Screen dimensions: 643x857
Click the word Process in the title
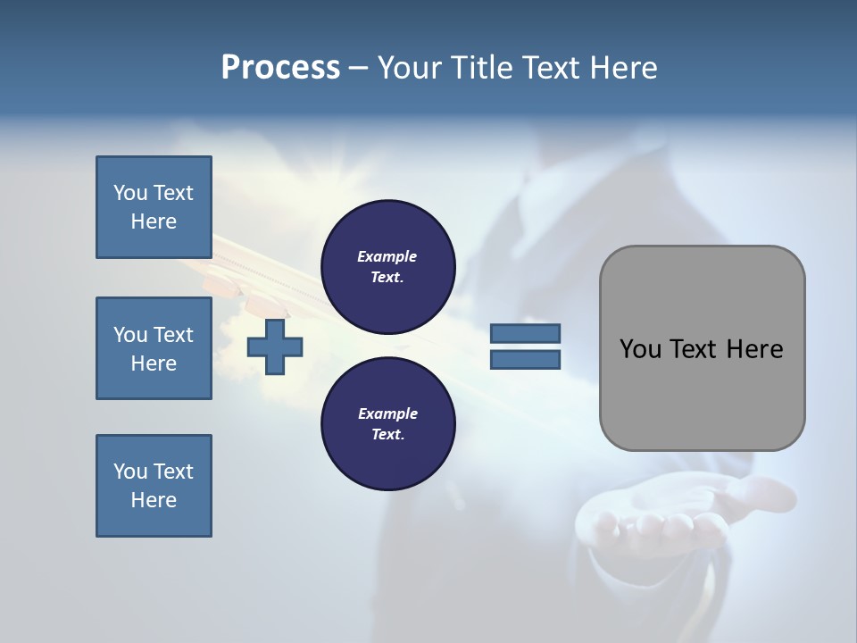tap(280, 68)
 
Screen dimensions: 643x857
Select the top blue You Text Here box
tap(154, 207)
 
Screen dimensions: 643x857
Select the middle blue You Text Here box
tap(154, 348)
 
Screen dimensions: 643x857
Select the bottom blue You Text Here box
tap(154, 486)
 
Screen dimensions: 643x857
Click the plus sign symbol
tap(275, 347)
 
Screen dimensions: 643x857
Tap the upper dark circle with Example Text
tap(388, 267)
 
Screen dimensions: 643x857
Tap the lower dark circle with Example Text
tap(388, 424)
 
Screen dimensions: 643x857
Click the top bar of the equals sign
tap(525, 333)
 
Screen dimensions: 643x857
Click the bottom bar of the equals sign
tap(525, 360)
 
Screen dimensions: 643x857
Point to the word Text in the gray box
tap(698, 349)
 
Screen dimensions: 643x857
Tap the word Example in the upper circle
tap(387, 256)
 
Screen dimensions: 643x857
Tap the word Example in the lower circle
tap(387, 413)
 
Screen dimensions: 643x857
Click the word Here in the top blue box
tap(154, 221)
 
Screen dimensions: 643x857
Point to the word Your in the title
tap(408, 68)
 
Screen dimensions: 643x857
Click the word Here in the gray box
tap(755, 349)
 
